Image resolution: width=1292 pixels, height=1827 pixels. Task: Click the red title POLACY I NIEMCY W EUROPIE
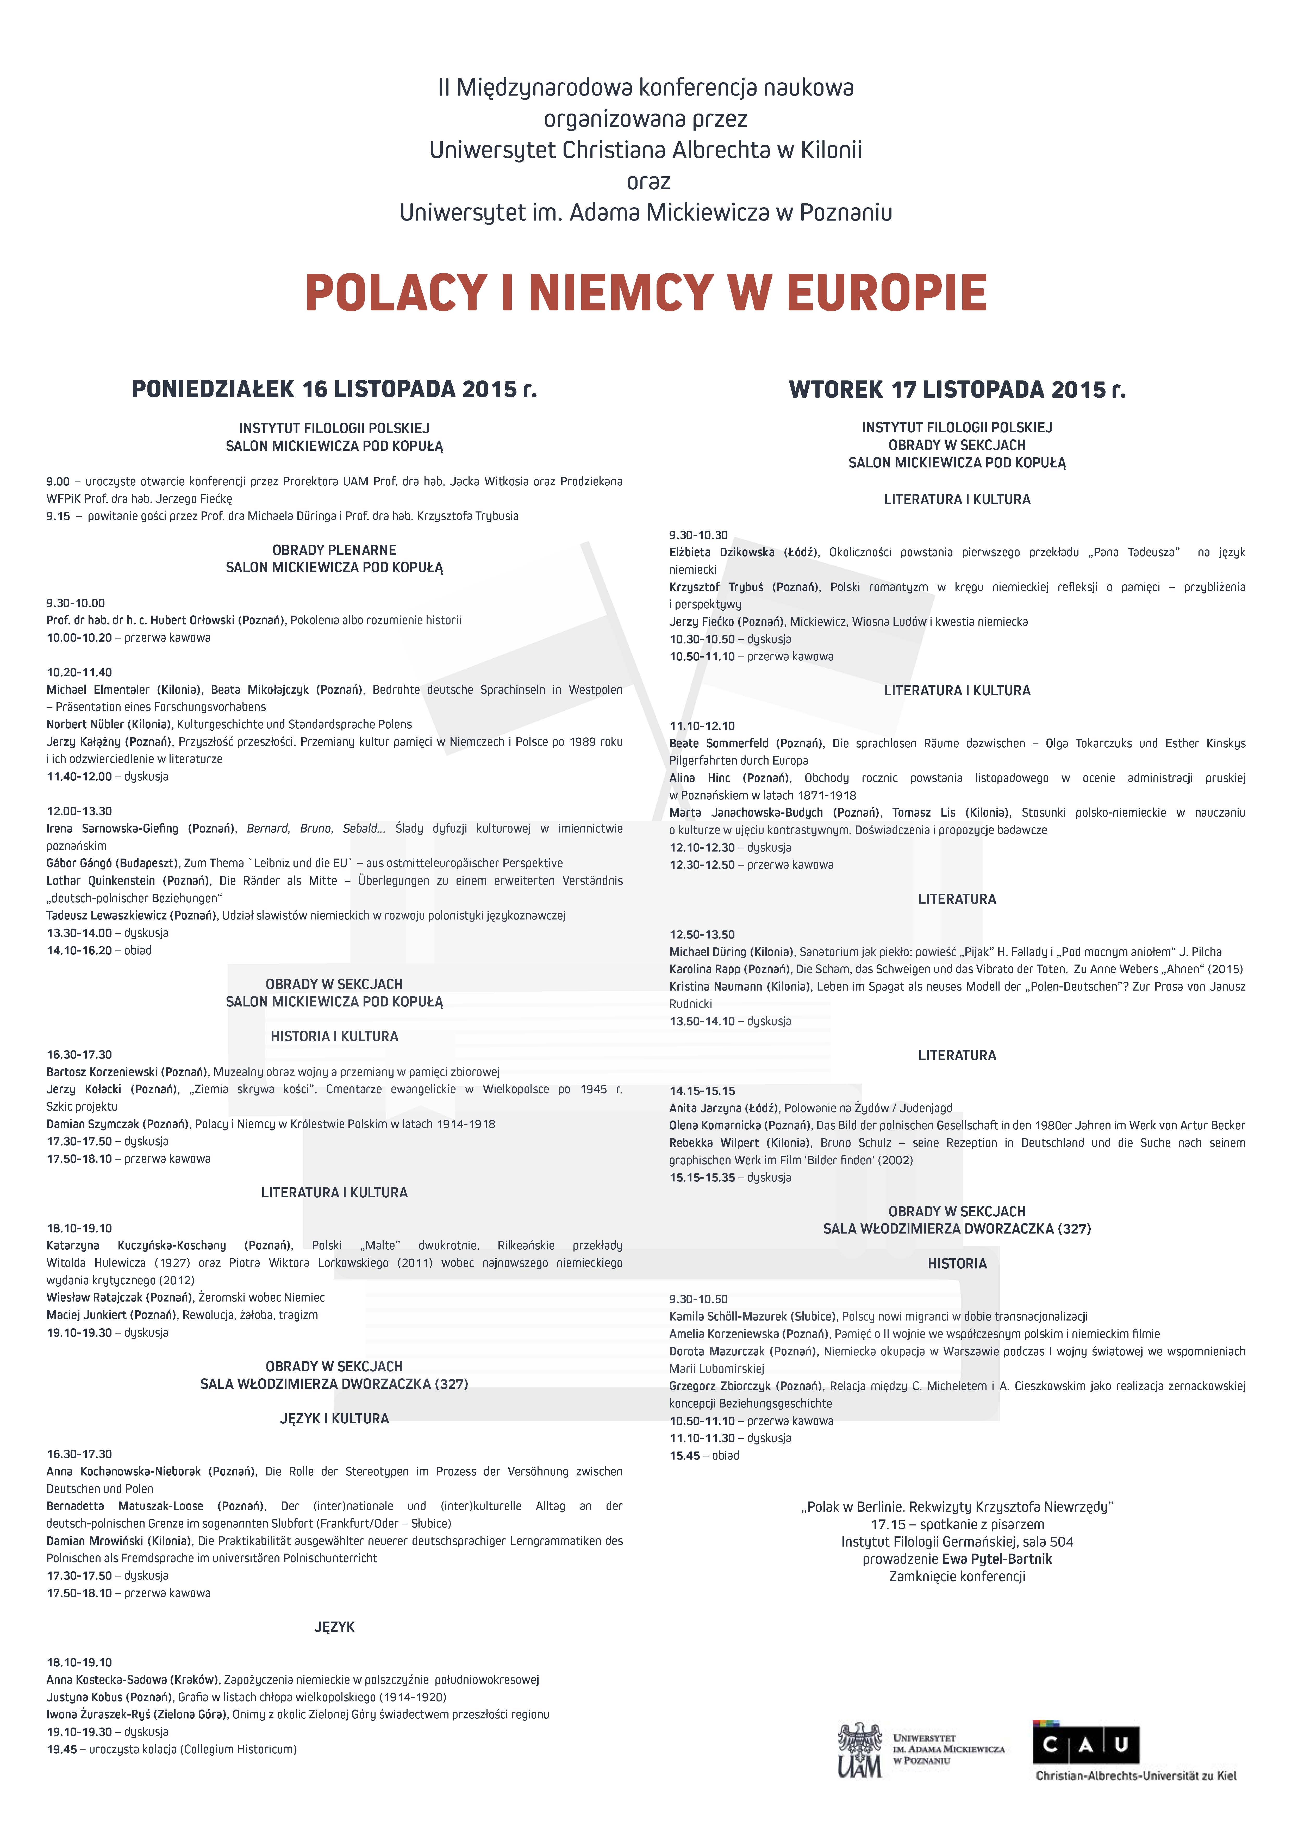[x=646, y=293]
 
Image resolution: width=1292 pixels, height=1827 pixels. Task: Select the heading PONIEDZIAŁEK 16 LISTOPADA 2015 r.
[x=334, y=389]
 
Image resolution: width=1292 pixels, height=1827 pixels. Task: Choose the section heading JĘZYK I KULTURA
[x=334, y=1419]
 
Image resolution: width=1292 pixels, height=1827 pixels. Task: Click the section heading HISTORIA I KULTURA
[x=334, y=1036]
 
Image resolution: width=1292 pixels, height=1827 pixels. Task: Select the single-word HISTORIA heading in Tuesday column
[x=957, y=1264]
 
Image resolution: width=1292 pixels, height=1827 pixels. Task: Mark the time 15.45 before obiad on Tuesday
[x=685, y=1455]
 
